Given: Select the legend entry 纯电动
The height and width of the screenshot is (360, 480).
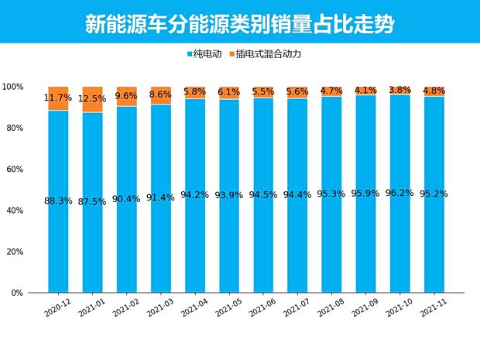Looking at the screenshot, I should click(207, 54).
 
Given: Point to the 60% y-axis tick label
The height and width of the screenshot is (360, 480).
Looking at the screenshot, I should click(14, 170).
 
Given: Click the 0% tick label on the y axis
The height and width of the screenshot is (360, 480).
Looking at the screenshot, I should click(17, 293).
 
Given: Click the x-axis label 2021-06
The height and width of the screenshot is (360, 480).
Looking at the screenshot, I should click(260, 309).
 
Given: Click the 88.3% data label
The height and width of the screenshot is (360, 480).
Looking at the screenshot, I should click(58, 201).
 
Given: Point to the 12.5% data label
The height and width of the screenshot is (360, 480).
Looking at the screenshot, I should click(92, 99).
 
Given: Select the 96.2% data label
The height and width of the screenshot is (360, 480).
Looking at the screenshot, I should click(399, 194).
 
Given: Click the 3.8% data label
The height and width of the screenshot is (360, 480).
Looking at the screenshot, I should click(399, 89).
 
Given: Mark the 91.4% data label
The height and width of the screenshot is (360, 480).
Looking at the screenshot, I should click(160, 197).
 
